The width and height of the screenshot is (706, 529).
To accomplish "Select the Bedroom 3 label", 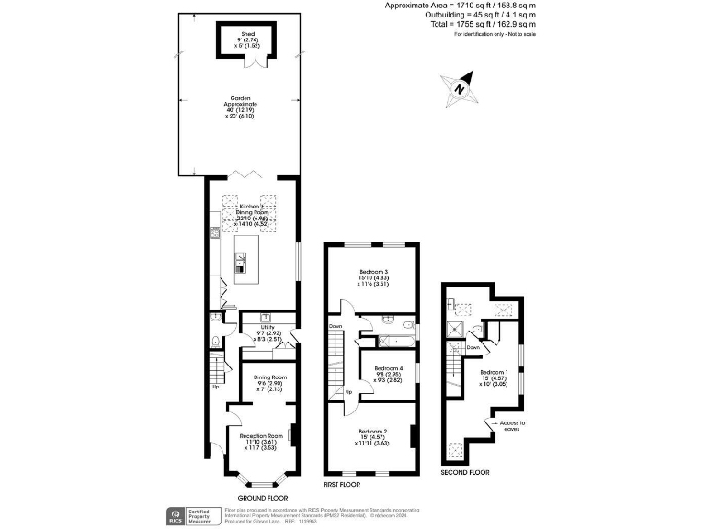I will point(372,272).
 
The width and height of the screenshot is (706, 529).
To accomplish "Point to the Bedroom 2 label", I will point(371,431).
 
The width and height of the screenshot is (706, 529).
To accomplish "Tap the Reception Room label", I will point(261,435).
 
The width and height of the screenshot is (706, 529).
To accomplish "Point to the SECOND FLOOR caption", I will point(465,473).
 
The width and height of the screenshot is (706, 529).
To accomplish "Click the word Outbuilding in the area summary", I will point(446,15).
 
